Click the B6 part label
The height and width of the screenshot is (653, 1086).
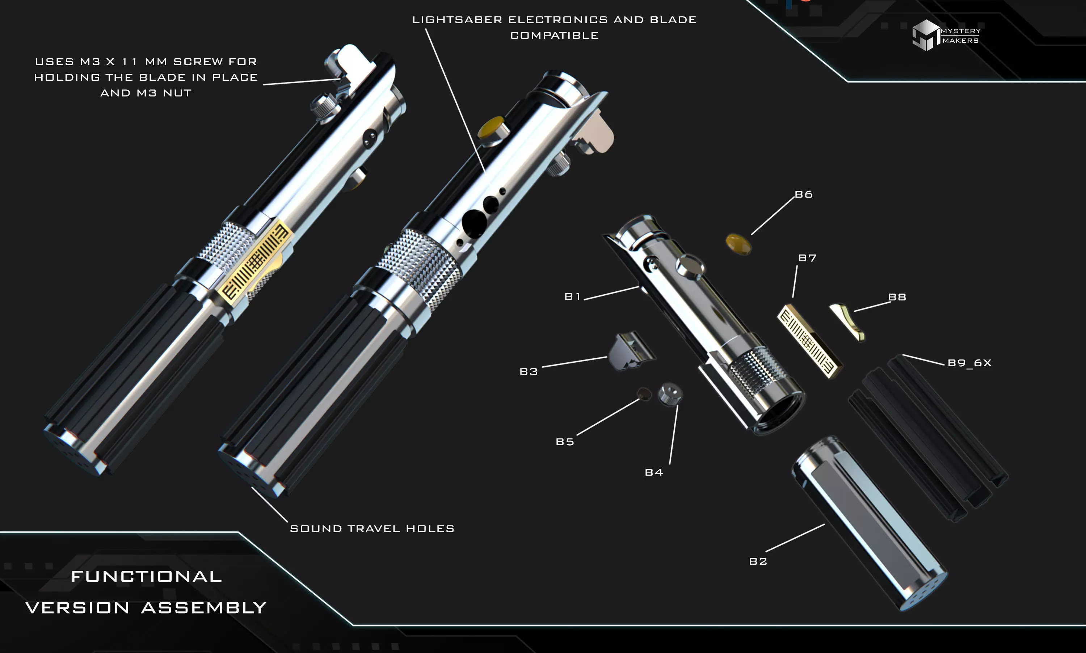[804, 194]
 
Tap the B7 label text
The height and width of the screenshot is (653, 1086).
[807, 258]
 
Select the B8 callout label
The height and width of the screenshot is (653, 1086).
[897, 297]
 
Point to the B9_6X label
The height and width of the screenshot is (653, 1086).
[969, 363]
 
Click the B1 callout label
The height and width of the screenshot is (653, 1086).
[572, 296]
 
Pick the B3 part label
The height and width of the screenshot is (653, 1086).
[529, 372]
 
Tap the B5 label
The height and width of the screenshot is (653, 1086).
[565, 442]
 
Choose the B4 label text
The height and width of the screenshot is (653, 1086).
[653, 472]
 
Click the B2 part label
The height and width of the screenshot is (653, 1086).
[758, 561]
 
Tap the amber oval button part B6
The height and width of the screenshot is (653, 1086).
[738, 244]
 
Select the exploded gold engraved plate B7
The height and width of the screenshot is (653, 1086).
[809, 341]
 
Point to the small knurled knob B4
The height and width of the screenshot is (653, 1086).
[670, 393]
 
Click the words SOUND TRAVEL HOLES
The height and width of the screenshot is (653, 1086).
[372, 528]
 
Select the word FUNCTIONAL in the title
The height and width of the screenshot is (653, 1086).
[146, 576]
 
